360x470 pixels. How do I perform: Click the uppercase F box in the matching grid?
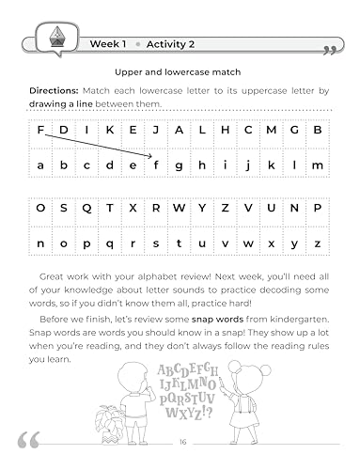tap(40, 130)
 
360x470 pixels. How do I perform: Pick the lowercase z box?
tap(318, 243)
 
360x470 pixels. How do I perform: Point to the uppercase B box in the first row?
tap(318, 130)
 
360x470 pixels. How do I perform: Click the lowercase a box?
tap(40, 164)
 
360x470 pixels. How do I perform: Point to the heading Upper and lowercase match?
tap(180, 71)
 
